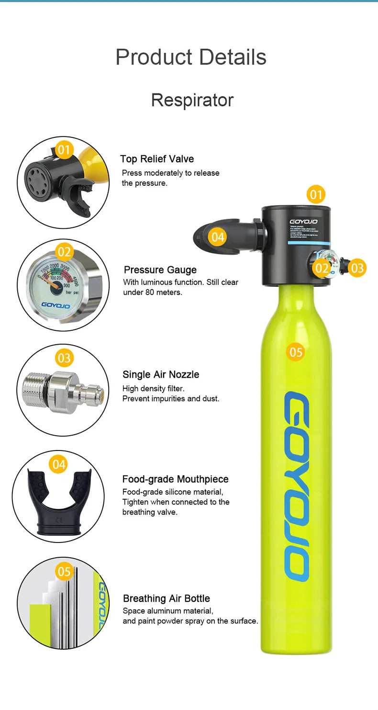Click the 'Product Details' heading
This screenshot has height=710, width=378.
pos(190,57)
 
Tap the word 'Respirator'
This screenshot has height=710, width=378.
pos(192,100)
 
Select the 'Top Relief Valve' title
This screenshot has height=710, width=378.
pos(157,159)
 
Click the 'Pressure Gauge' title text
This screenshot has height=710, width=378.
pos(160,270)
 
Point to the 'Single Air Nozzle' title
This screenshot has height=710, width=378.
pos(161,374)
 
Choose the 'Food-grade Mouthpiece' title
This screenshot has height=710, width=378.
pos(175,479)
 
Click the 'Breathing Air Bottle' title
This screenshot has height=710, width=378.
pos(166,598)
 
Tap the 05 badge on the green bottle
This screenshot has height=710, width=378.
pos(296,352)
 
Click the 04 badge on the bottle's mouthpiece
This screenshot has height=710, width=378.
pos(218,237)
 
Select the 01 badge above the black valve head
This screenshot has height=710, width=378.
pos(316,194)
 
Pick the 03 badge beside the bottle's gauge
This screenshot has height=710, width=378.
pos(357,268)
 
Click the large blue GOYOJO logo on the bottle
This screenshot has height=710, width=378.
pos(297,486)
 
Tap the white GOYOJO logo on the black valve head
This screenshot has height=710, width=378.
pos(304,222)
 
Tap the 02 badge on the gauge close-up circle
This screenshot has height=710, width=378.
pos(64,251)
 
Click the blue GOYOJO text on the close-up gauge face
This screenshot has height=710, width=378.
pos(55,304)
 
